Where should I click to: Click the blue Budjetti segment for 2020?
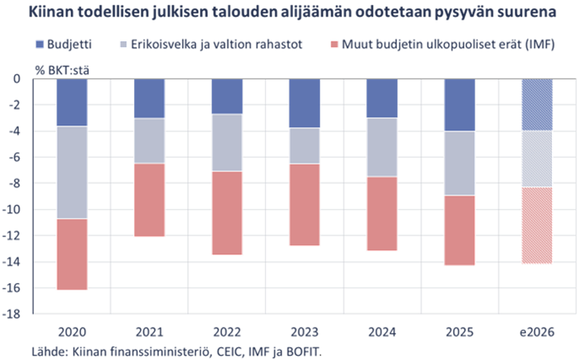pyautogui.click(x=72, y=102)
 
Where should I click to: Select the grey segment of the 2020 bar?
pyautogui.click(x=72, y=172)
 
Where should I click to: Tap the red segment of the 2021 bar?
pyautogui.click(x=150, y=200)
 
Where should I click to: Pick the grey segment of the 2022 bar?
pyautogui.click(x=227, y=142)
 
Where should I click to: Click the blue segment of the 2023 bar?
pyautogui.click(x=304, y=103)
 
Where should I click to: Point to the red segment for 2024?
pyautogui.click(x=382, y=214)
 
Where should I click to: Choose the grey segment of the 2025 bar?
pyautogui.click(x=460, y=163)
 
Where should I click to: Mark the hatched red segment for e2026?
pyautogui.click(x=538, y=226)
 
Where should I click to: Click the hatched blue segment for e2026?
pyautogui.click(x=538, y=105)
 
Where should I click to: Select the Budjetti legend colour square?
pyautogui.click(x=39, y=44)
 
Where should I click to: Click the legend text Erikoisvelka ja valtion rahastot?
pyautogui.click(x=217, y=44)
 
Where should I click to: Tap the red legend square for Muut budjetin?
pyautogui.click(x=333, y=44)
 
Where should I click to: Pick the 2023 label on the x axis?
pyautogui.click(x=304, y=332)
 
